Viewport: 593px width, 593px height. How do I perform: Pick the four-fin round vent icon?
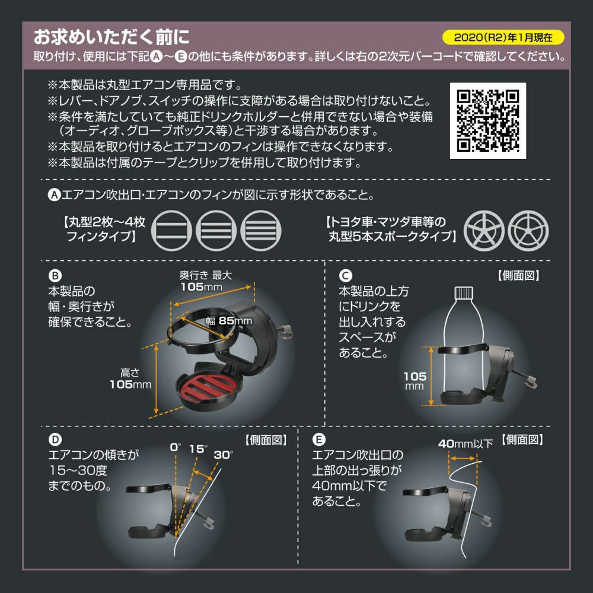[x=260, y=229]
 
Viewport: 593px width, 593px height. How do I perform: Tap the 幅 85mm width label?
[x=229, y=321]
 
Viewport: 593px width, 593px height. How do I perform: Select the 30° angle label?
[x=224, y=455]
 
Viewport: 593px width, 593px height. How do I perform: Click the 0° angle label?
[x=175, y=448]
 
